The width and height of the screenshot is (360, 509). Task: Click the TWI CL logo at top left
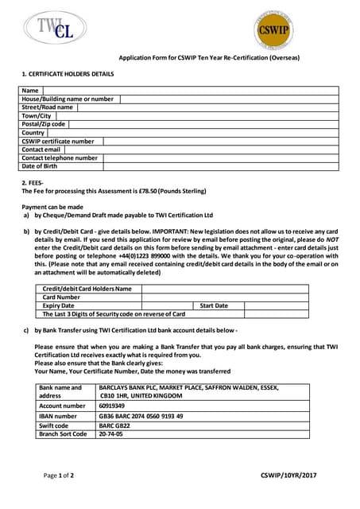click(55, 29)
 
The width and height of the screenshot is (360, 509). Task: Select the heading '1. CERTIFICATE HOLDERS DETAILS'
click(68, 74)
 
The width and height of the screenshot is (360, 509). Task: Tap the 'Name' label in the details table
click(30, 91)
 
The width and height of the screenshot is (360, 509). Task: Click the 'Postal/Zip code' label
click(45, 124)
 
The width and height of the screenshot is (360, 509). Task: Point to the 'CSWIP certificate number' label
click(58, 141)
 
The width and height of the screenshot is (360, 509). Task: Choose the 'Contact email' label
click(41, 150)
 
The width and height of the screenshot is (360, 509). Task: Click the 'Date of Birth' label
click(40, 166)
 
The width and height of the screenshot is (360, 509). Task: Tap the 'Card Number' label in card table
click(63, 297)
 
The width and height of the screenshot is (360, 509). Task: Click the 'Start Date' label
click(214, 305)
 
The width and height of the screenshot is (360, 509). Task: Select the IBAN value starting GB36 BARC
click(141, 415)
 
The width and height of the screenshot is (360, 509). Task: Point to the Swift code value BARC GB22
click(115, 425)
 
